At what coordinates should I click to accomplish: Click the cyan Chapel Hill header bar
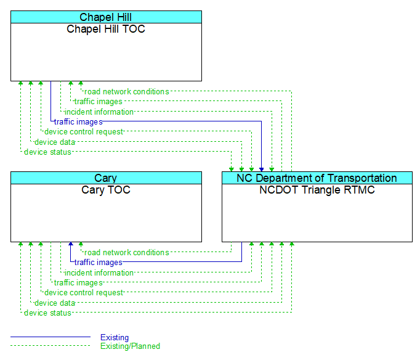point(106,17)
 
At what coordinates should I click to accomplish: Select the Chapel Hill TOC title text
point(106,29)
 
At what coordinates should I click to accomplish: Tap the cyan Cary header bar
point(106,178)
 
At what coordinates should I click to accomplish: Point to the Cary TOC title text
point(106,190)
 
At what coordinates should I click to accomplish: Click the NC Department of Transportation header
point(317,178)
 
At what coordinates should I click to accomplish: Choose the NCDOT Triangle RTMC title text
point(317,190)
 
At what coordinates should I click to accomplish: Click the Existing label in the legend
point(115,337)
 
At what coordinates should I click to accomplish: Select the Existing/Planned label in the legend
point(130,346)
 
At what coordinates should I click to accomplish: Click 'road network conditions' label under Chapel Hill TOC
point(126,92)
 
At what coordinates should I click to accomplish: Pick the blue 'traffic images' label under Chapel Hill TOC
point(78,122)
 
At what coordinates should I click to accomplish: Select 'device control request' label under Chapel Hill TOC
point(83,132)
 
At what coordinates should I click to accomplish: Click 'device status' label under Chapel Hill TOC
point(47,152)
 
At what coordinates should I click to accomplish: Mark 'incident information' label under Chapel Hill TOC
point(99,112)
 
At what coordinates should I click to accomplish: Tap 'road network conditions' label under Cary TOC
point(126,253)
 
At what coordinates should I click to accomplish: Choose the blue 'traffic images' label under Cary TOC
point(99,263)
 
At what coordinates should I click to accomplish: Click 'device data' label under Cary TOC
point(55,303)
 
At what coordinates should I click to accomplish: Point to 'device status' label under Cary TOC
point(47,313)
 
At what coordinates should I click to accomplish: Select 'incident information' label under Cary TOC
point(99,273)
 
